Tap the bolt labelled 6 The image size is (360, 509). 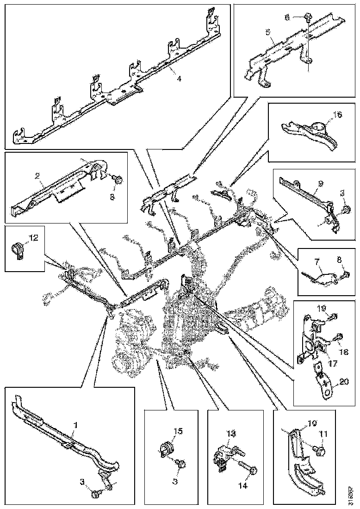(x=307, y=18)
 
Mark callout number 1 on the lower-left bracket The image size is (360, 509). (x=75, y=424)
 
